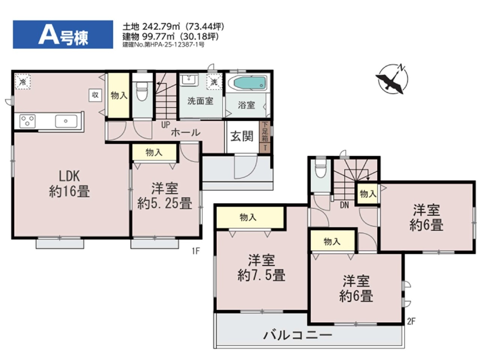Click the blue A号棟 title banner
[63, 34]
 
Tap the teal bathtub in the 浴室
[250, 83]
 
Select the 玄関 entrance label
[242, 136]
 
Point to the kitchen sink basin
[66, 121]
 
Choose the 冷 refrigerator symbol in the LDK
[22, 82]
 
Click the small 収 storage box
[95, 95]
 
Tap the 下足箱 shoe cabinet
[265, 132]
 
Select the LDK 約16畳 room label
[69, 184]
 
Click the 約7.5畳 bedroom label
[261, 268]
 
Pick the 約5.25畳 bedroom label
[165, 196]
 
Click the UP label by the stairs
[165, 125]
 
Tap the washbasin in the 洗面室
[189, 80]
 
